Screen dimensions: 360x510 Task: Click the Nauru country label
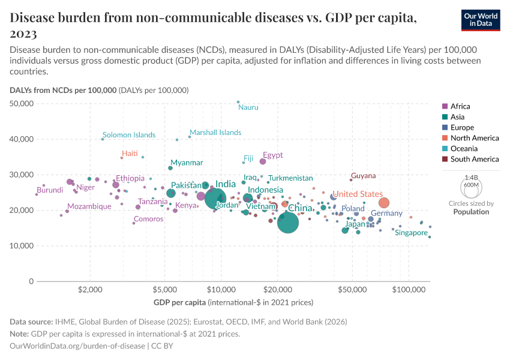tap(248, 107)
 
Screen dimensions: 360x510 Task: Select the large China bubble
tap(288, 223)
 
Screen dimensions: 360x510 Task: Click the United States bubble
tap(384, 203)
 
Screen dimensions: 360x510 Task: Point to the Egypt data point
tap(263, 161)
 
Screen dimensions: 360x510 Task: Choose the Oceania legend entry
tap(466, 148)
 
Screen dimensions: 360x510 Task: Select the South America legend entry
tap(474, 159)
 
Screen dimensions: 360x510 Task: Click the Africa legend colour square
tap(445, 106)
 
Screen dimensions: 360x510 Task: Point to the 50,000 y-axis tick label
tap(22, 104)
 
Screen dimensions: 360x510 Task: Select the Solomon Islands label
tap(129, 135)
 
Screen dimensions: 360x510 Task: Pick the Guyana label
tap(363, 176)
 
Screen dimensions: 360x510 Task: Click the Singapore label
tap(411, 233)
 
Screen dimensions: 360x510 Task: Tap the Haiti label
tap(130, 154)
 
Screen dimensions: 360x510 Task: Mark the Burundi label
tap(50, 190)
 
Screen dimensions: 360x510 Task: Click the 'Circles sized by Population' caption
tap(470, 208)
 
